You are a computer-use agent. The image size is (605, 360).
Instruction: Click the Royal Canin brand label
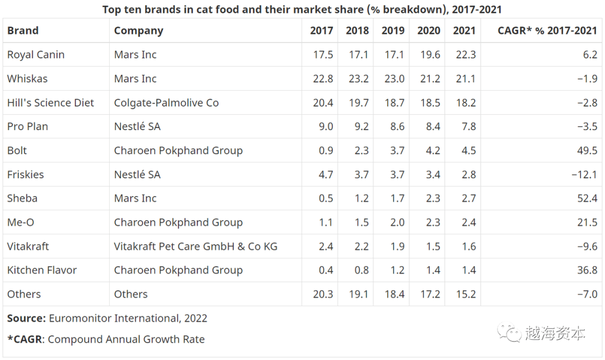[36, 55]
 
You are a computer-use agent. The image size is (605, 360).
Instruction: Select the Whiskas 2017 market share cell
[323, 79]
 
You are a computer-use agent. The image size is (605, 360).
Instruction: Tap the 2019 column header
[393, 31]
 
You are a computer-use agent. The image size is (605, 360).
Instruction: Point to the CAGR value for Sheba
[587, 198]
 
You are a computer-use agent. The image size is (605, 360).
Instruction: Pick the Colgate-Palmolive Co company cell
[166, 103]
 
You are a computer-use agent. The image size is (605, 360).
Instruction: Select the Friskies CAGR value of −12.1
[584, 175]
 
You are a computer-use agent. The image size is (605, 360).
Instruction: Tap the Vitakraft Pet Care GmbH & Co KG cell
[196, 246]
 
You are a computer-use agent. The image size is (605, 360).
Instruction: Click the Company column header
[138, 31]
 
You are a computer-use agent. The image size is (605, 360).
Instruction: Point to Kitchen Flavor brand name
[42, 270]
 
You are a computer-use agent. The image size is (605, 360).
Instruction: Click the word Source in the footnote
[26, 319]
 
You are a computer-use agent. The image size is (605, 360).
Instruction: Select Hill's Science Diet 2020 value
[429, 103]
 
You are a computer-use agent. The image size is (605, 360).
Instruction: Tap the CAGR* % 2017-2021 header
[547, 31]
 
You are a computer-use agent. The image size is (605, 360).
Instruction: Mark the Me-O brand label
[21, 222]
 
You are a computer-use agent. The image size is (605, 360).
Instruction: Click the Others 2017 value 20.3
[323, 294]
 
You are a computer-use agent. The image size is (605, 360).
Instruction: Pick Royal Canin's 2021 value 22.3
[464, 55]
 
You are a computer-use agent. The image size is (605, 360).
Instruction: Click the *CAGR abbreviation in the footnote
[25, 339]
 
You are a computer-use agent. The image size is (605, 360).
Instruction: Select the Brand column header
[23, 31]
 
